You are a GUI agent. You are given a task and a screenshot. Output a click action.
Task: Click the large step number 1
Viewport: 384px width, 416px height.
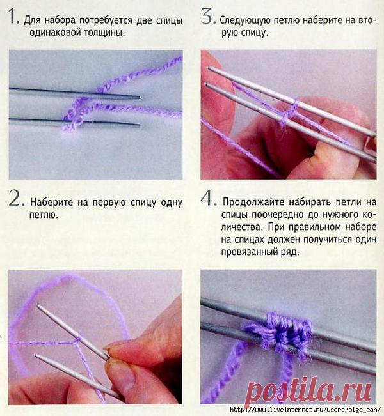click(13, 16)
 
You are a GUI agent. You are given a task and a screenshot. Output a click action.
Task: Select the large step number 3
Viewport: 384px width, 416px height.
click(208, 16)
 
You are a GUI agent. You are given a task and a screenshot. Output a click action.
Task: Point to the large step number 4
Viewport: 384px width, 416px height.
click(209, 198)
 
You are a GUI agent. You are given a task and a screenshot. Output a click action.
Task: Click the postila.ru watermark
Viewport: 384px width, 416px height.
click(308, 391)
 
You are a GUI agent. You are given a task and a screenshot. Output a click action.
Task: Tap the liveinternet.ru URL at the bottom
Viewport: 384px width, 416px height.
click(305, 410)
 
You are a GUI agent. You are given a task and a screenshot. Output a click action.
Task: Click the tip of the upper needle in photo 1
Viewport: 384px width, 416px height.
click(141, 98)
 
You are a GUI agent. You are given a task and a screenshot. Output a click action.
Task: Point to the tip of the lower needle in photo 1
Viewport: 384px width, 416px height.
click(140, 125)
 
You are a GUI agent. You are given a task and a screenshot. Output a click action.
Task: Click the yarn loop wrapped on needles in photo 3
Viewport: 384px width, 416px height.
click(290, 112)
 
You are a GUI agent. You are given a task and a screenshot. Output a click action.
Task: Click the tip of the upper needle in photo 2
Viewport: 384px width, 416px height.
click(38, 306)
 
